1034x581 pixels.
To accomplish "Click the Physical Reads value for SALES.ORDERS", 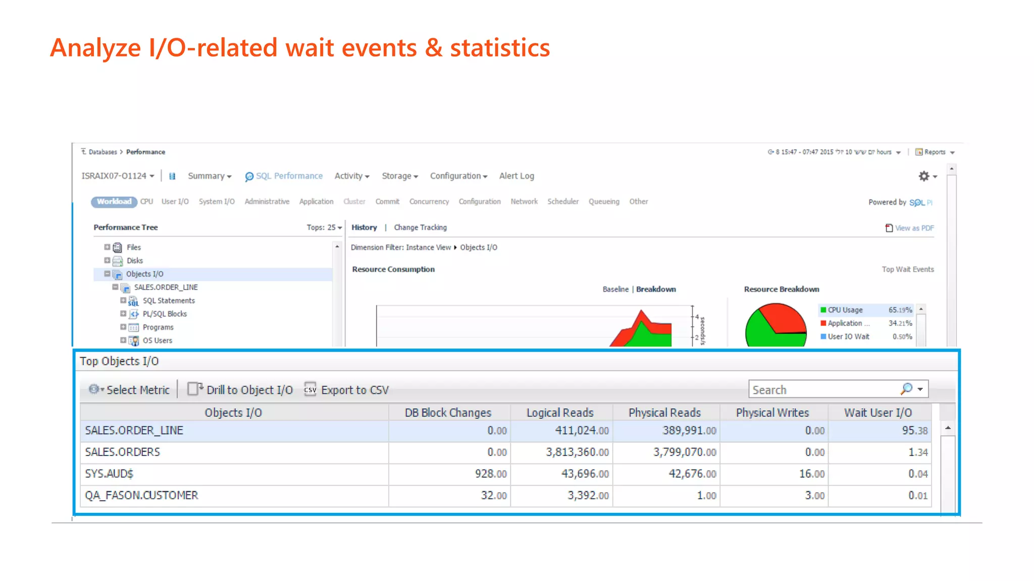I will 684,452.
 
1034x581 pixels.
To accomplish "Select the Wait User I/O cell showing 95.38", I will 914,431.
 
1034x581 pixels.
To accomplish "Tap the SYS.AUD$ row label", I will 109,474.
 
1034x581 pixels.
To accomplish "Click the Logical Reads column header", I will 560,413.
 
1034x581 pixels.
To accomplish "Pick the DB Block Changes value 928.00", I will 490,474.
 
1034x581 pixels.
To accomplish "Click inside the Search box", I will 823,390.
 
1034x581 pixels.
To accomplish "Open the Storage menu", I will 399,176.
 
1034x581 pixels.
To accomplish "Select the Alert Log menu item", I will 516,176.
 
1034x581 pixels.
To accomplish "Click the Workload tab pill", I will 114,202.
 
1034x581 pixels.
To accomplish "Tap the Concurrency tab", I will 429,202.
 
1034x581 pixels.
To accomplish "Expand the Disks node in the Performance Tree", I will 107,261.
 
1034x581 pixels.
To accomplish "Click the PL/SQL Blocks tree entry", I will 165,314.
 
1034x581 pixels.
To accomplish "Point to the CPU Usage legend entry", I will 845,310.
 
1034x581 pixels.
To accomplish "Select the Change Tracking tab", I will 420,227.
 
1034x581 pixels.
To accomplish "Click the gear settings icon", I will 924,176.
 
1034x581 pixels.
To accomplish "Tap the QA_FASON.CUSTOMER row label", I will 141,496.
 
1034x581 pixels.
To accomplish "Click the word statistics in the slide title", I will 499,48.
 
